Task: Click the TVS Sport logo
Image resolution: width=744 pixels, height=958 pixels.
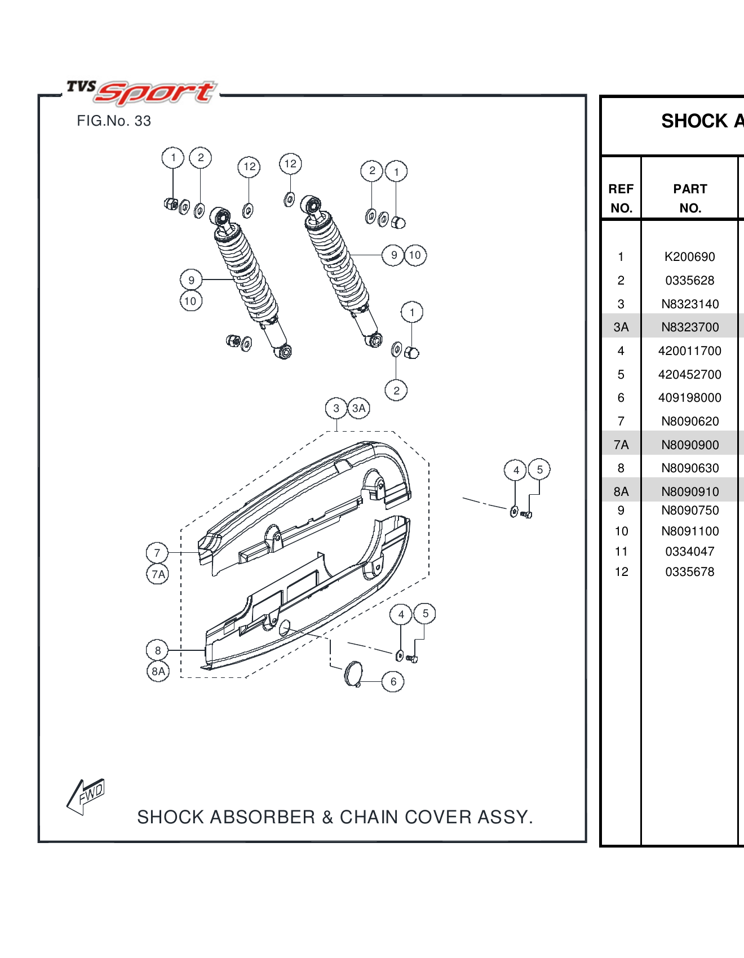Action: pos(141,92)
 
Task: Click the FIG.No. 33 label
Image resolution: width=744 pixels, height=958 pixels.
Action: pos(114,121)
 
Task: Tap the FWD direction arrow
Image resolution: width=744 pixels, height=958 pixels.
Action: pos(86,796)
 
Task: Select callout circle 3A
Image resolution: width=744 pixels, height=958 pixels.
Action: pos(359,408)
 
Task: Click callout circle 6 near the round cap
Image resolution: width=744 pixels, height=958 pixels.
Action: pos(393,682)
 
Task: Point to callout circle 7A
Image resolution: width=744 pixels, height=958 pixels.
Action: pos(158,574)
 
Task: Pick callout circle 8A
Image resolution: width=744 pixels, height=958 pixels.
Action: pos(158,671)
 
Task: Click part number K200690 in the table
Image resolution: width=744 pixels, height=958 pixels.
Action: pos(689,257)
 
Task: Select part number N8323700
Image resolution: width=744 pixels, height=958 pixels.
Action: pos(690,327)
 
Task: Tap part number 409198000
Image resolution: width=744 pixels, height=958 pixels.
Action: pos(689,398)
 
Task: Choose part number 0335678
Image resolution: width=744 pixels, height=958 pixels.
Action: pos(689,572)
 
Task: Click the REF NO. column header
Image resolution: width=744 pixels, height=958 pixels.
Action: pos(621,198)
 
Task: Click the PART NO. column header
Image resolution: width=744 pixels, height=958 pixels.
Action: pos(690,198)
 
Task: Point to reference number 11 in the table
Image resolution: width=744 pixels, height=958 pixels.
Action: pos(621,552)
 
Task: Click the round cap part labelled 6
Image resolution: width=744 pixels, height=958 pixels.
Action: pos(353,673)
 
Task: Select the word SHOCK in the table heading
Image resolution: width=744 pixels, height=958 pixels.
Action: pos(694,121)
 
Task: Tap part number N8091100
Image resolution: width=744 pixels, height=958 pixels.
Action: pos(690,531)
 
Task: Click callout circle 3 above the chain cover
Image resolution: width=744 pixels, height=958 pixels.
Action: pos(336,408)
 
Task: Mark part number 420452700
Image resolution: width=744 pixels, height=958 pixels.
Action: pos(689,375)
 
